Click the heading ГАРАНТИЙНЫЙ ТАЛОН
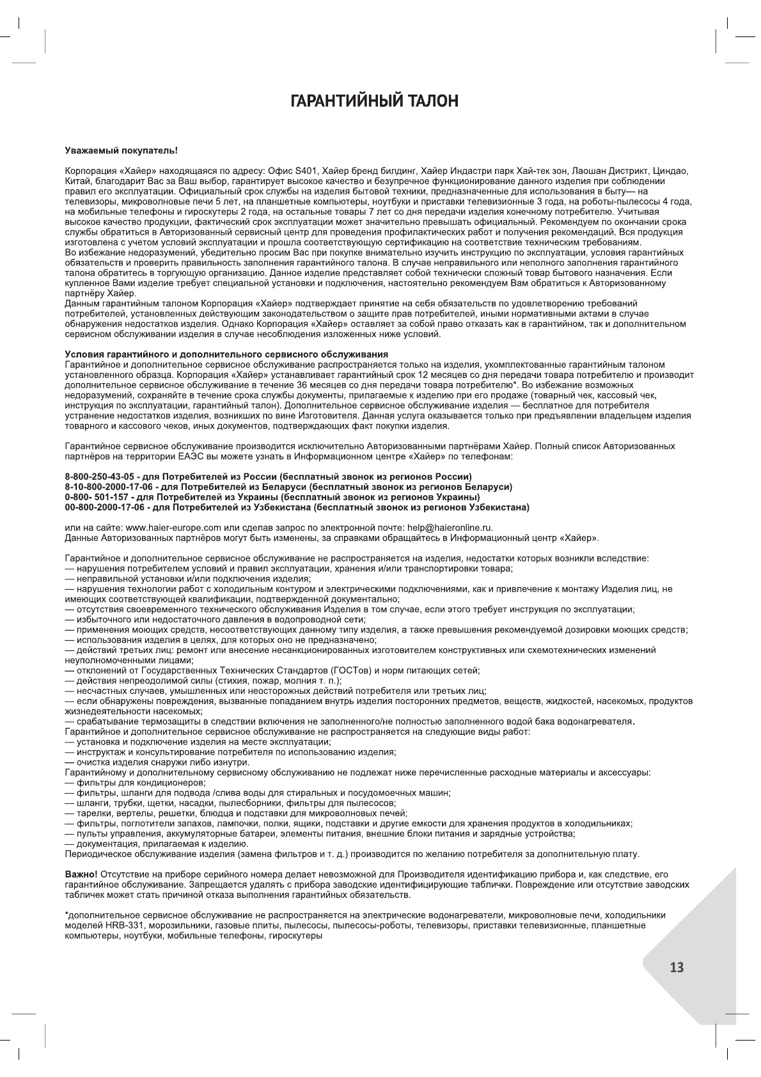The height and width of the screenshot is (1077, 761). pos(375,101)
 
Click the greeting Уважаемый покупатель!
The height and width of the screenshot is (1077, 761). pos(121,151)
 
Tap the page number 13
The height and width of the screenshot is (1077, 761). pos(677,968)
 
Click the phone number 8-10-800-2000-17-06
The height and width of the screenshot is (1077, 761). pos(108,487)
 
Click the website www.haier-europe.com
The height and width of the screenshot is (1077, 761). pos(173,528)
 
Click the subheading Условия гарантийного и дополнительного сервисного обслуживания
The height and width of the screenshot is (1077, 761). pos(226,354)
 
